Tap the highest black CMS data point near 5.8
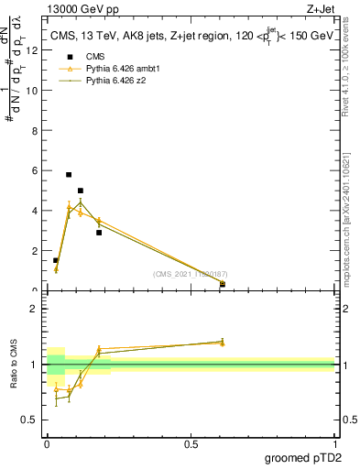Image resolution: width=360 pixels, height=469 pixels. [69, 174]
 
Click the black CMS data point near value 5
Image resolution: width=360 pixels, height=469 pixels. [81, 191]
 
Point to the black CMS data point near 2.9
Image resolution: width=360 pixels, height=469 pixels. [99, 233]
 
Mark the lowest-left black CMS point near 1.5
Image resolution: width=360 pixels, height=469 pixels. [56, 260]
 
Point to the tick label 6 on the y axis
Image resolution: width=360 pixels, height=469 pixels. [35, 170]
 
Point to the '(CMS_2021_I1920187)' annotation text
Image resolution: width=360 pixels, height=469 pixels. [190, 274]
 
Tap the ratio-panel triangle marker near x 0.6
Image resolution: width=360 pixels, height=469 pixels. [222, 343]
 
